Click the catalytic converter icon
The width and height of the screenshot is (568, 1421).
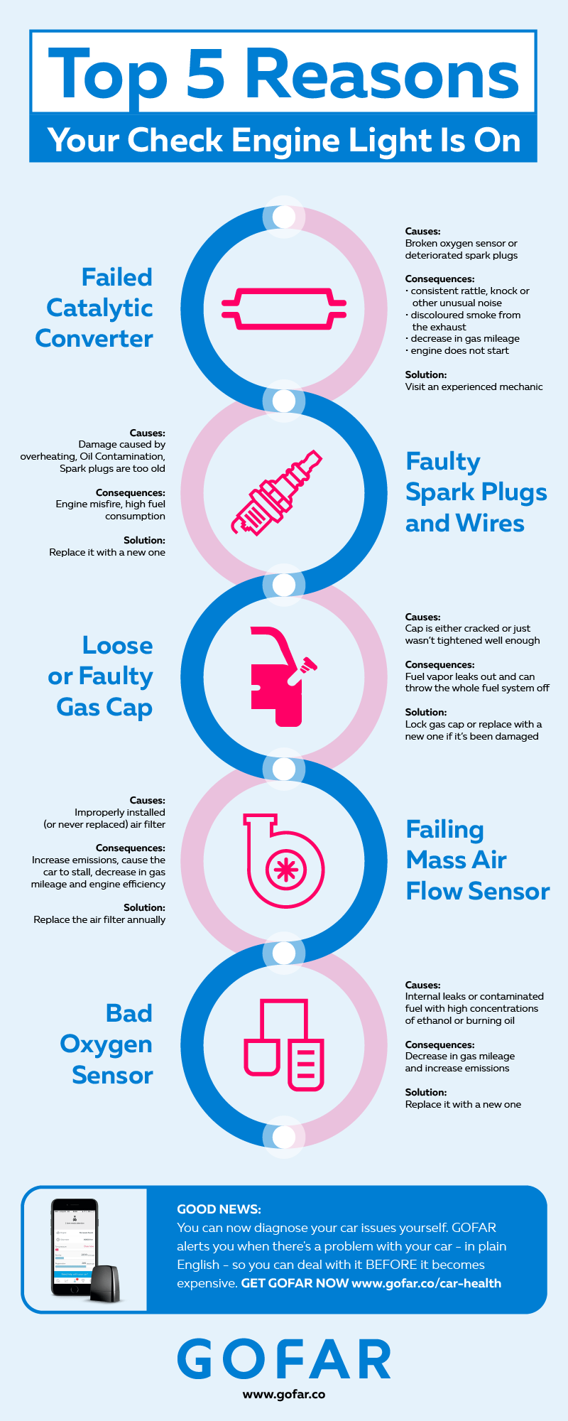(284, 308)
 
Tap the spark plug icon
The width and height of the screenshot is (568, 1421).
(277, 492)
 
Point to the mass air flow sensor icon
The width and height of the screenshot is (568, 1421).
(284, 861)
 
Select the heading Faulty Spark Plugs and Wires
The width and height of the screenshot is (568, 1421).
(476, 492)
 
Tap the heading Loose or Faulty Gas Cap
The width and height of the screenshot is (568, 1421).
(102, 676)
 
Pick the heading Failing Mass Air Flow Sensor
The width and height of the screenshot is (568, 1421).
(477, 860)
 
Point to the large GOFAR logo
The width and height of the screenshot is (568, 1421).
(284, 1359)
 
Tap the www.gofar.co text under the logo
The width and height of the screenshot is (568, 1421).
(284, 1394)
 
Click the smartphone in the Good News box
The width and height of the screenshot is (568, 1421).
(74, 1248)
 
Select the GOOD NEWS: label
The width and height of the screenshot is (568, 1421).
(219, 1209)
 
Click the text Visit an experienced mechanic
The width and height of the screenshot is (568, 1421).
(474, 387)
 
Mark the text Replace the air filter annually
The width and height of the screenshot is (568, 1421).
(99, 919)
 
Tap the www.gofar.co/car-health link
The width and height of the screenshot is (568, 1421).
(426, 1283)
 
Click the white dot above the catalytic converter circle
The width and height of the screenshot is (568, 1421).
(284, 217)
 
